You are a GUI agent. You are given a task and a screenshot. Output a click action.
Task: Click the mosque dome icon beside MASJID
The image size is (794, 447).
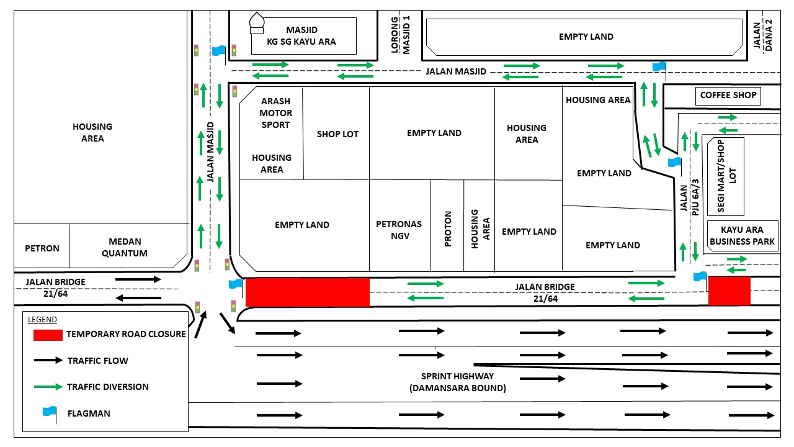point(257,24)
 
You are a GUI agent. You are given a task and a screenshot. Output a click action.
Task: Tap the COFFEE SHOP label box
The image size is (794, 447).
point(728,96)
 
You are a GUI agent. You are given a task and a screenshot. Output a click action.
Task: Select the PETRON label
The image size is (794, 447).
point(42,248)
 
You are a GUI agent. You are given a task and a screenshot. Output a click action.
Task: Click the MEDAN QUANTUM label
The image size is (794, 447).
point(125,247)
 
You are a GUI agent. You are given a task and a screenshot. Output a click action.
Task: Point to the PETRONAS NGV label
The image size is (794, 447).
point(399,230)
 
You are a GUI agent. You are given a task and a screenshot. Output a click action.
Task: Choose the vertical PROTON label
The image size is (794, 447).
point(448,229)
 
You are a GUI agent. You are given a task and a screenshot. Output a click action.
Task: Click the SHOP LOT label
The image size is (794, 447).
point(337,134)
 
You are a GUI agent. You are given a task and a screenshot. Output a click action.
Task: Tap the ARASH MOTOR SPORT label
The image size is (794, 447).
point(276,113)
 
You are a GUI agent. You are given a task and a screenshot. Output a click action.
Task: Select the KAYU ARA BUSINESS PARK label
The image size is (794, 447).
point(742,235)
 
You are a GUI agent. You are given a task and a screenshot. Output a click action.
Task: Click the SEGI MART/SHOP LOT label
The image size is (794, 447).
point(726,176)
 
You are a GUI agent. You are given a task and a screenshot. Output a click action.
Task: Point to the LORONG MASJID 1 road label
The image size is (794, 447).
point(401,35)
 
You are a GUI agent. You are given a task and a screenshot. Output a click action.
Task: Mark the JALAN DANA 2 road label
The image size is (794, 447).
point(762,35)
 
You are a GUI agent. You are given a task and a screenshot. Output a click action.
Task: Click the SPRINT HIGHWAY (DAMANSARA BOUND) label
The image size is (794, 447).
point(458,382)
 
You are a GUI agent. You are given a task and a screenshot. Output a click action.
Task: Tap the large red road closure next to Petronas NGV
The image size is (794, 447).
point(308,292)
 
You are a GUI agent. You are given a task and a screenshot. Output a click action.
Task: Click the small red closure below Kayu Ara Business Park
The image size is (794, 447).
point(729,291)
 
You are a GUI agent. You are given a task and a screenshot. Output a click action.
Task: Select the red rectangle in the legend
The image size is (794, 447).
point(48,335)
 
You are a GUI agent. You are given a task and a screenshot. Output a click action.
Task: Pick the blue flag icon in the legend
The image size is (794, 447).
point(50,414)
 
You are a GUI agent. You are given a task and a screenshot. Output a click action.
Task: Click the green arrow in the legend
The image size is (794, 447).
point(48,387)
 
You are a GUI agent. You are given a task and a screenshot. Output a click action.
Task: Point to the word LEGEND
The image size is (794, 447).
point(42,320)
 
